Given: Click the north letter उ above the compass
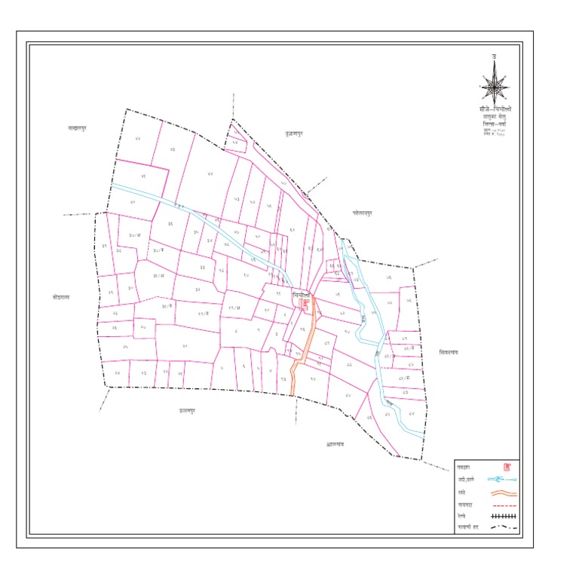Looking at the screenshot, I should pos(494,57).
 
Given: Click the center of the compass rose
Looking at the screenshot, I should pos(494,84).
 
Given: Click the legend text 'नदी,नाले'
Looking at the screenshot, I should pos(467,479).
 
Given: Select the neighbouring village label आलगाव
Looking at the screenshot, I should pos(335,445).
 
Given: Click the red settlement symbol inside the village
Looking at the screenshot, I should pos(305,303).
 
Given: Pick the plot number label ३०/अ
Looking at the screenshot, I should pos(136,236).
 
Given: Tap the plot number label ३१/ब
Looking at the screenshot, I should pos(168,305).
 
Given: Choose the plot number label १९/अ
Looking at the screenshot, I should pos(234,308).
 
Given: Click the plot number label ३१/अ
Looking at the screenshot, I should pos(159,276).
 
